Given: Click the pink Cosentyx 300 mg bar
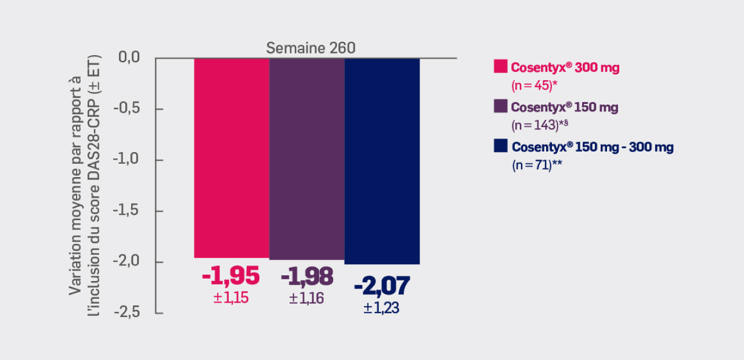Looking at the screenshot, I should click(232, 157).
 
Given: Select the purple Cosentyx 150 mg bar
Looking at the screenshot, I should click(307, 159).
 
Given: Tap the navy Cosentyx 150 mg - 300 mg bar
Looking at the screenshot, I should click(382, 161).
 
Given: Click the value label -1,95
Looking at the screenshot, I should click(231, 277).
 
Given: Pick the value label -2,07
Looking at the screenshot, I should click(382, 286).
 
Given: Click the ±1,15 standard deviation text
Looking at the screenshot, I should click(231, 298).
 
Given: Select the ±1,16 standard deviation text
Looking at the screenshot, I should click(306, 298).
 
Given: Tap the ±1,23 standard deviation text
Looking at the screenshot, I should click(381, 308).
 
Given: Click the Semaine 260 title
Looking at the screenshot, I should click(310, 48).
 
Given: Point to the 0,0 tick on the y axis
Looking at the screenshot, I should click(129, 57).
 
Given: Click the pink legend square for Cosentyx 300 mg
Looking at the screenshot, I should click(500, 66).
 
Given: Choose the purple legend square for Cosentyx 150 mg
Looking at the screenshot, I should click(500, 106).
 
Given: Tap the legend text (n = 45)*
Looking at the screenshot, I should click(533, 85).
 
